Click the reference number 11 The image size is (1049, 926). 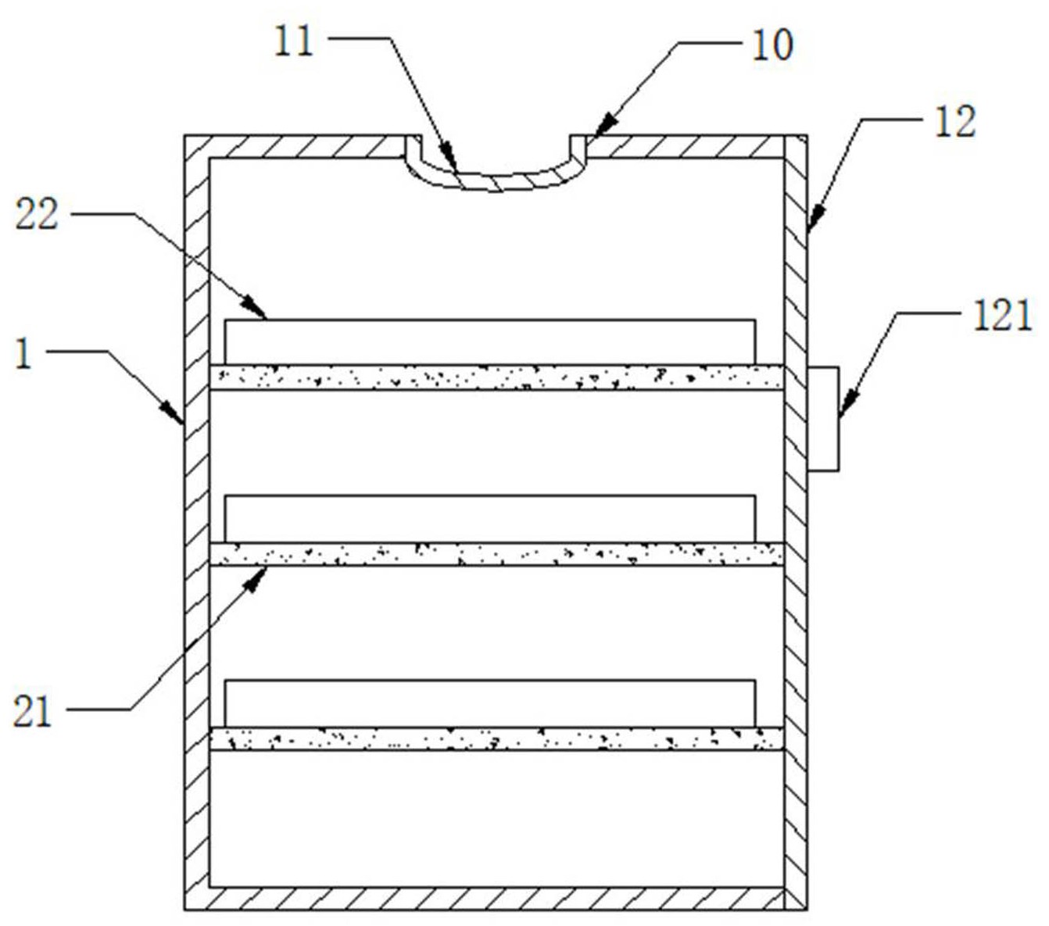(x=293, y=41)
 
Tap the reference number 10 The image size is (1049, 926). (x=772, y=45)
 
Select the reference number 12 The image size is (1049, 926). (x=955, y=122)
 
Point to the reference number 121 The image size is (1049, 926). (x=1002, y=316)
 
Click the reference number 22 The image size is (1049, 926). (x=36, y=213)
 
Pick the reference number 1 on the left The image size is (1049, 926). (x=24, y=354)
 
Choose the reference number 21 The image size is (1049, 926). (x=32, y=711)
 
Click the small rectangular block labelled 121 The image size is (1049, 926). (x=823, y=419)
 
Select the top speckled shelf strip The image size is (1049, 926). (x=496, y=377)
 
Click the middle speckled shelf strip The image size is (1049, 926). (x=496, y=554)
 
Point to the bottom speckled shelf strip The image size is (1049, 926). (x=496, y=739)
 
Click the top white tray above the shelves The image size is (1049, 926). (x=490, y=341)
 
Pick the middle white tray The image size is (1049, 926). (x=490, y=518)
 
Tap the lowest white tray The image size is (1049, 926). (x=490, y=703)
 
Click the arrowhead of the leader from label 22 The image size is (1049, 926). (x=257, y=310)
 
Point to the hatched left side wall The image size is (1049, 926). (x=197, y=524)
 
